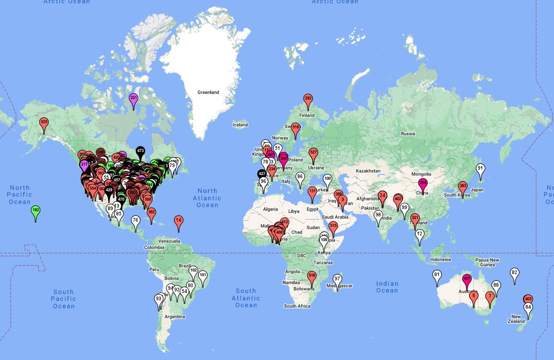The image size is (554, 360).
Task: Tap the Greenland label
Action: point(208,92)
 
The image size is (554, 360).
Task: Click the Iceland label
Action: point(240,125)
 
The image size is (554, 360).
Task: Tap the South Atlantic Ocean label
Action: point(246,298)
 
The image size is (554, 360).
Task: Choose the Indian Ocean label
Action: point(387,287)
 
